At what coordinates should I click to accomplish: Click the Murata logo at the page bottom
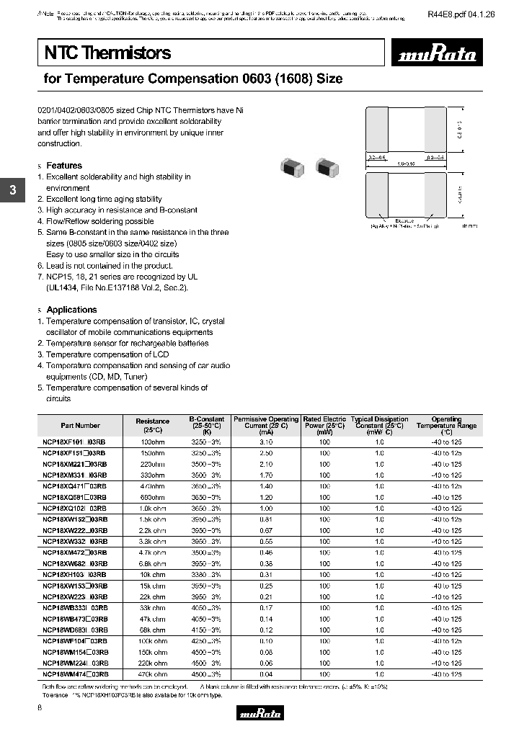259,712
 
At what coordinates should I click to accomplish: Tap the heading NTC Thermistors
108,53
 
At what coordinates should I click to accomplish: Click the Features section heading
64,166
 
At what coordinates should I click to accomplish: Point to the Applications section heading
71,310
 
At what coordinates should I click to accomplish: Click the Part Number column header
81,425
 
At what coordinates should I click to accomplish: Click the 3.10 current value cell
265,442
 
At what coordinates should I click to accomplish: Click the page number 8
40,710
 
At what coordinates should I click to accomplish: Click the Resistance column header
152,425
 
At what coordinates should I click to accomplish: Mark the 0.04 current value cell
265,674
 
